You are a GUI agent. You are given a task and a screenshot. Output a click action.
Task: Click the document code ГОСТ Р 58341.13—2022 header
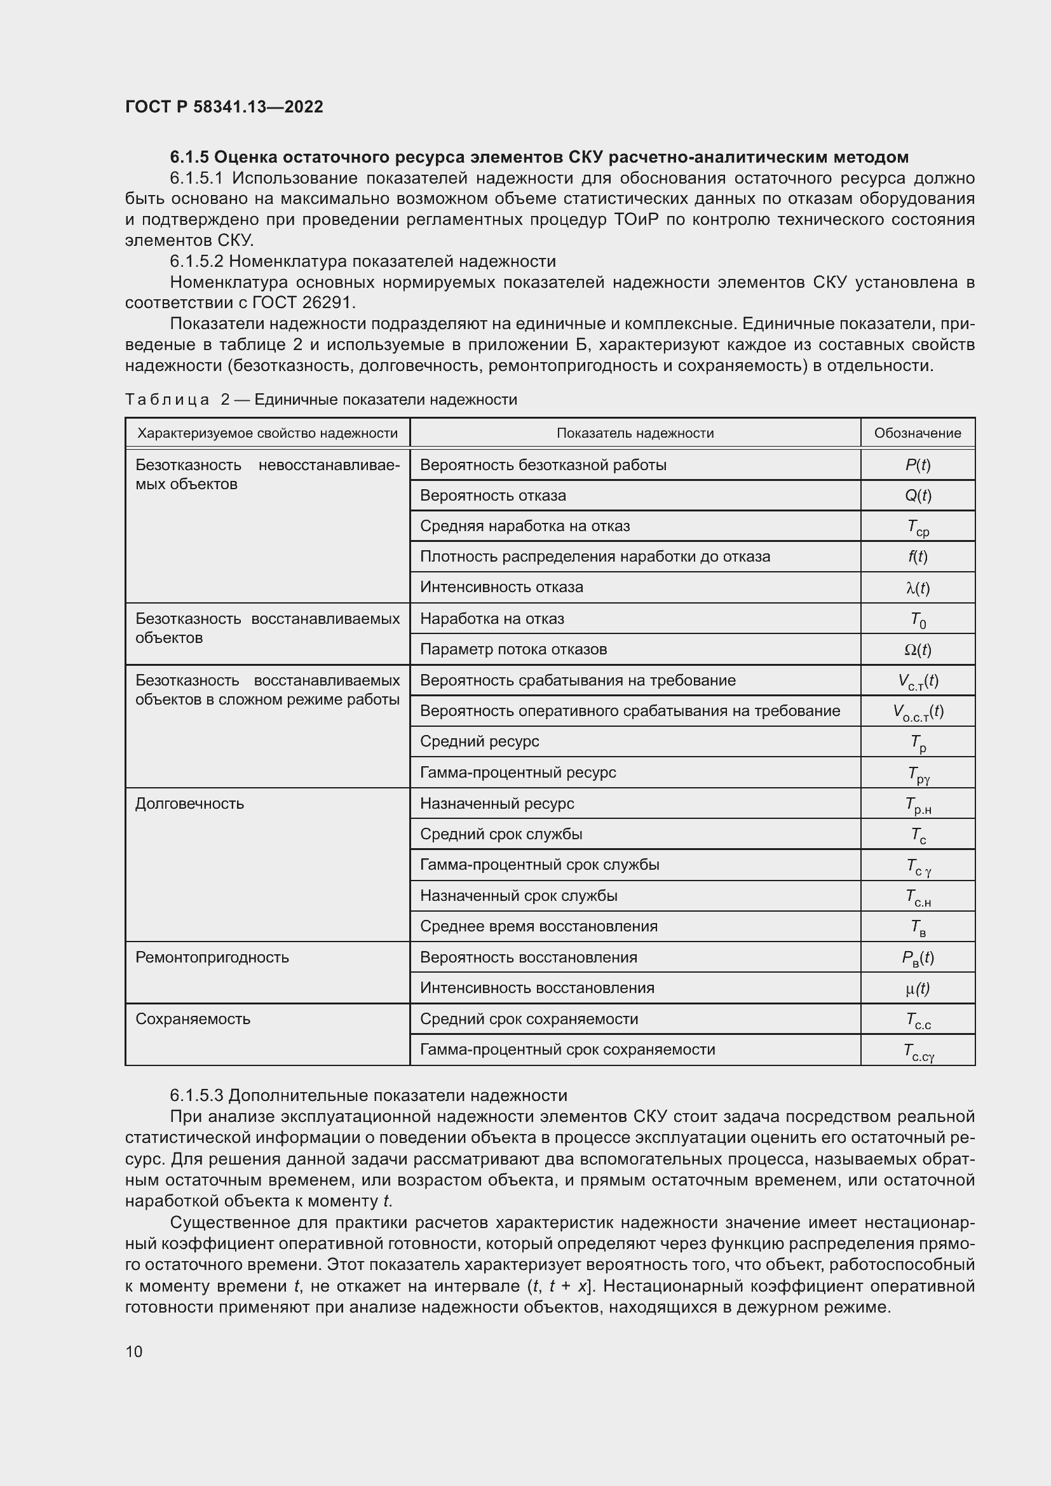[x=224, y=107]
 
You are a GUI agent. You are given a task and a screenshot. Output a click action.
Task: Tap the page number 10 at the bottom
[x=134, y=1351]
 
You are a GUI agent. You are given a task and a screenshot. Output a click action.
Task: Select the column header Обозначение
[x=917, y=433]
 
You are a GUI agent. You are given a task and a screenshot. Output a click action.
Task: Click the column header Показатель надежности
[x=635, y=433]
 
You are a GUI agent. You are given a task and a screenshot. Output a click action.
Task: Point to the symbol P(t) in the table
[x=917, y=464]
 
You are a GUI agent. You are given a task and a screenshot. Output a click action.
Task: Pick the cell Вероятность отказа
[x=492, y=496]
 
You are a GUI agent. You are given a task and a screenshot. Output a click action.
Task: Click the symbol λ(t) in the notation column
[x=917, y=588]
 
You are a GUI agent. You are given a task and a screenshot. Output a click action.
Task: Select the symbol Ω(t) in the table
[x=917, y=649]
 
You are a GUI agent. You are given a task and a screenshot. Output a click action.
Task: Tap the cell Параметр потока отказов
[x=513, y=649]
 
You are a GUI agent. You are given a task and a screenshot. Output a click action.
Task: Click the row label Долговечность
[x=189, y=804]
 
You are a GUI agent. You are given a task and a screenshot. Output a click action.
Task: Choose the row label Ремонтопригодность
[x=212, y=957]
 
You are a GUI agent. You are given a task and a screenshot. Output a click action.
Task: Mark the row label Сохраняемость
[x=193, y=1018]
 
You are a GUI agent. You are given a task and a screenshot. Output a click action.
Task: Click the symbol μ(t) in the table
[x=917, y=989]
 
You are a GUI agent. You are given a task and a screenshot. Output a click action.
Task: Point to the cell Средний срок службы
[x=501, y=834]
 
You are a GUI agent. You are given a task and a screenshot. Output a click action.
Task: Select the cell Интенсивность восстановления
[x=537, y=988]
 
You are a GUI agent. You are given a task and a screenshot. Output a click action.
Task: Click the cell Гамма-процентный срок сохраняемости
[x=567, y=1049]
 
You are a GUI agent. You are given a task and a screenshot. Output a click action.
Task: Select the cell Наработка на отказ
[x=492, y=619]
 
